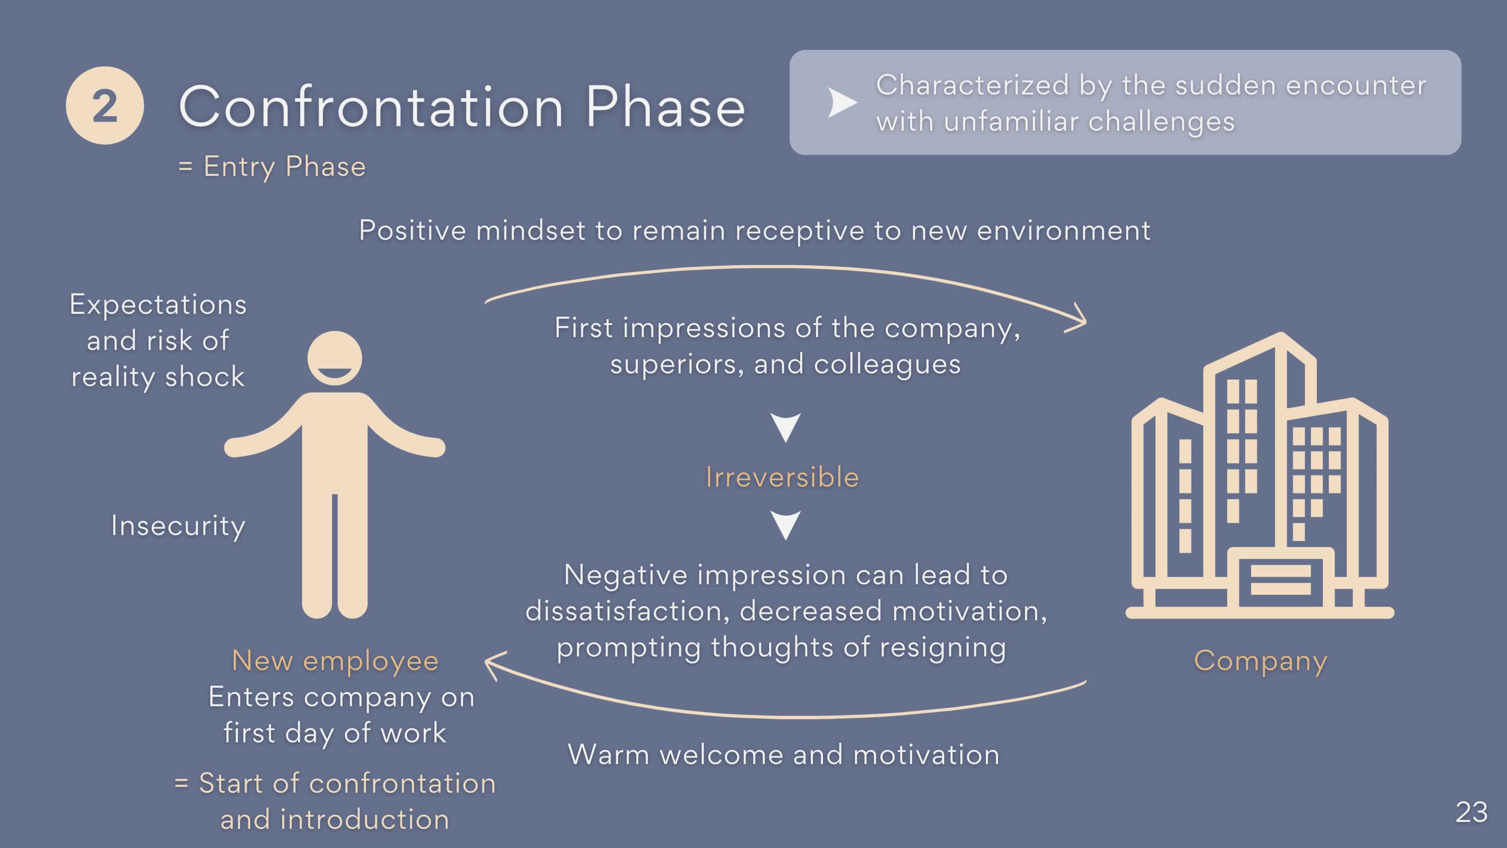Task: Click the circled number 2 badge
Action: [105, 105]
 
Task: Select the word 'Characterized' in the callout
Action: [973, 86]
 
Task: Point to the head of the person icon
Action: [335, 358]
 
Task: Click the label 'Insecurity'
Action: [178, 526]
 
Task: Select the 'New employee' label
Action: [335, 661]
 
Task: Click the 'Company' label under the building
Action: [1261, 661]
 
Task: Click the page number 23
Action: [1471, 812]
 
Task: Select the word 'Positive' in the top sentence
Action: [412, 230]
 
